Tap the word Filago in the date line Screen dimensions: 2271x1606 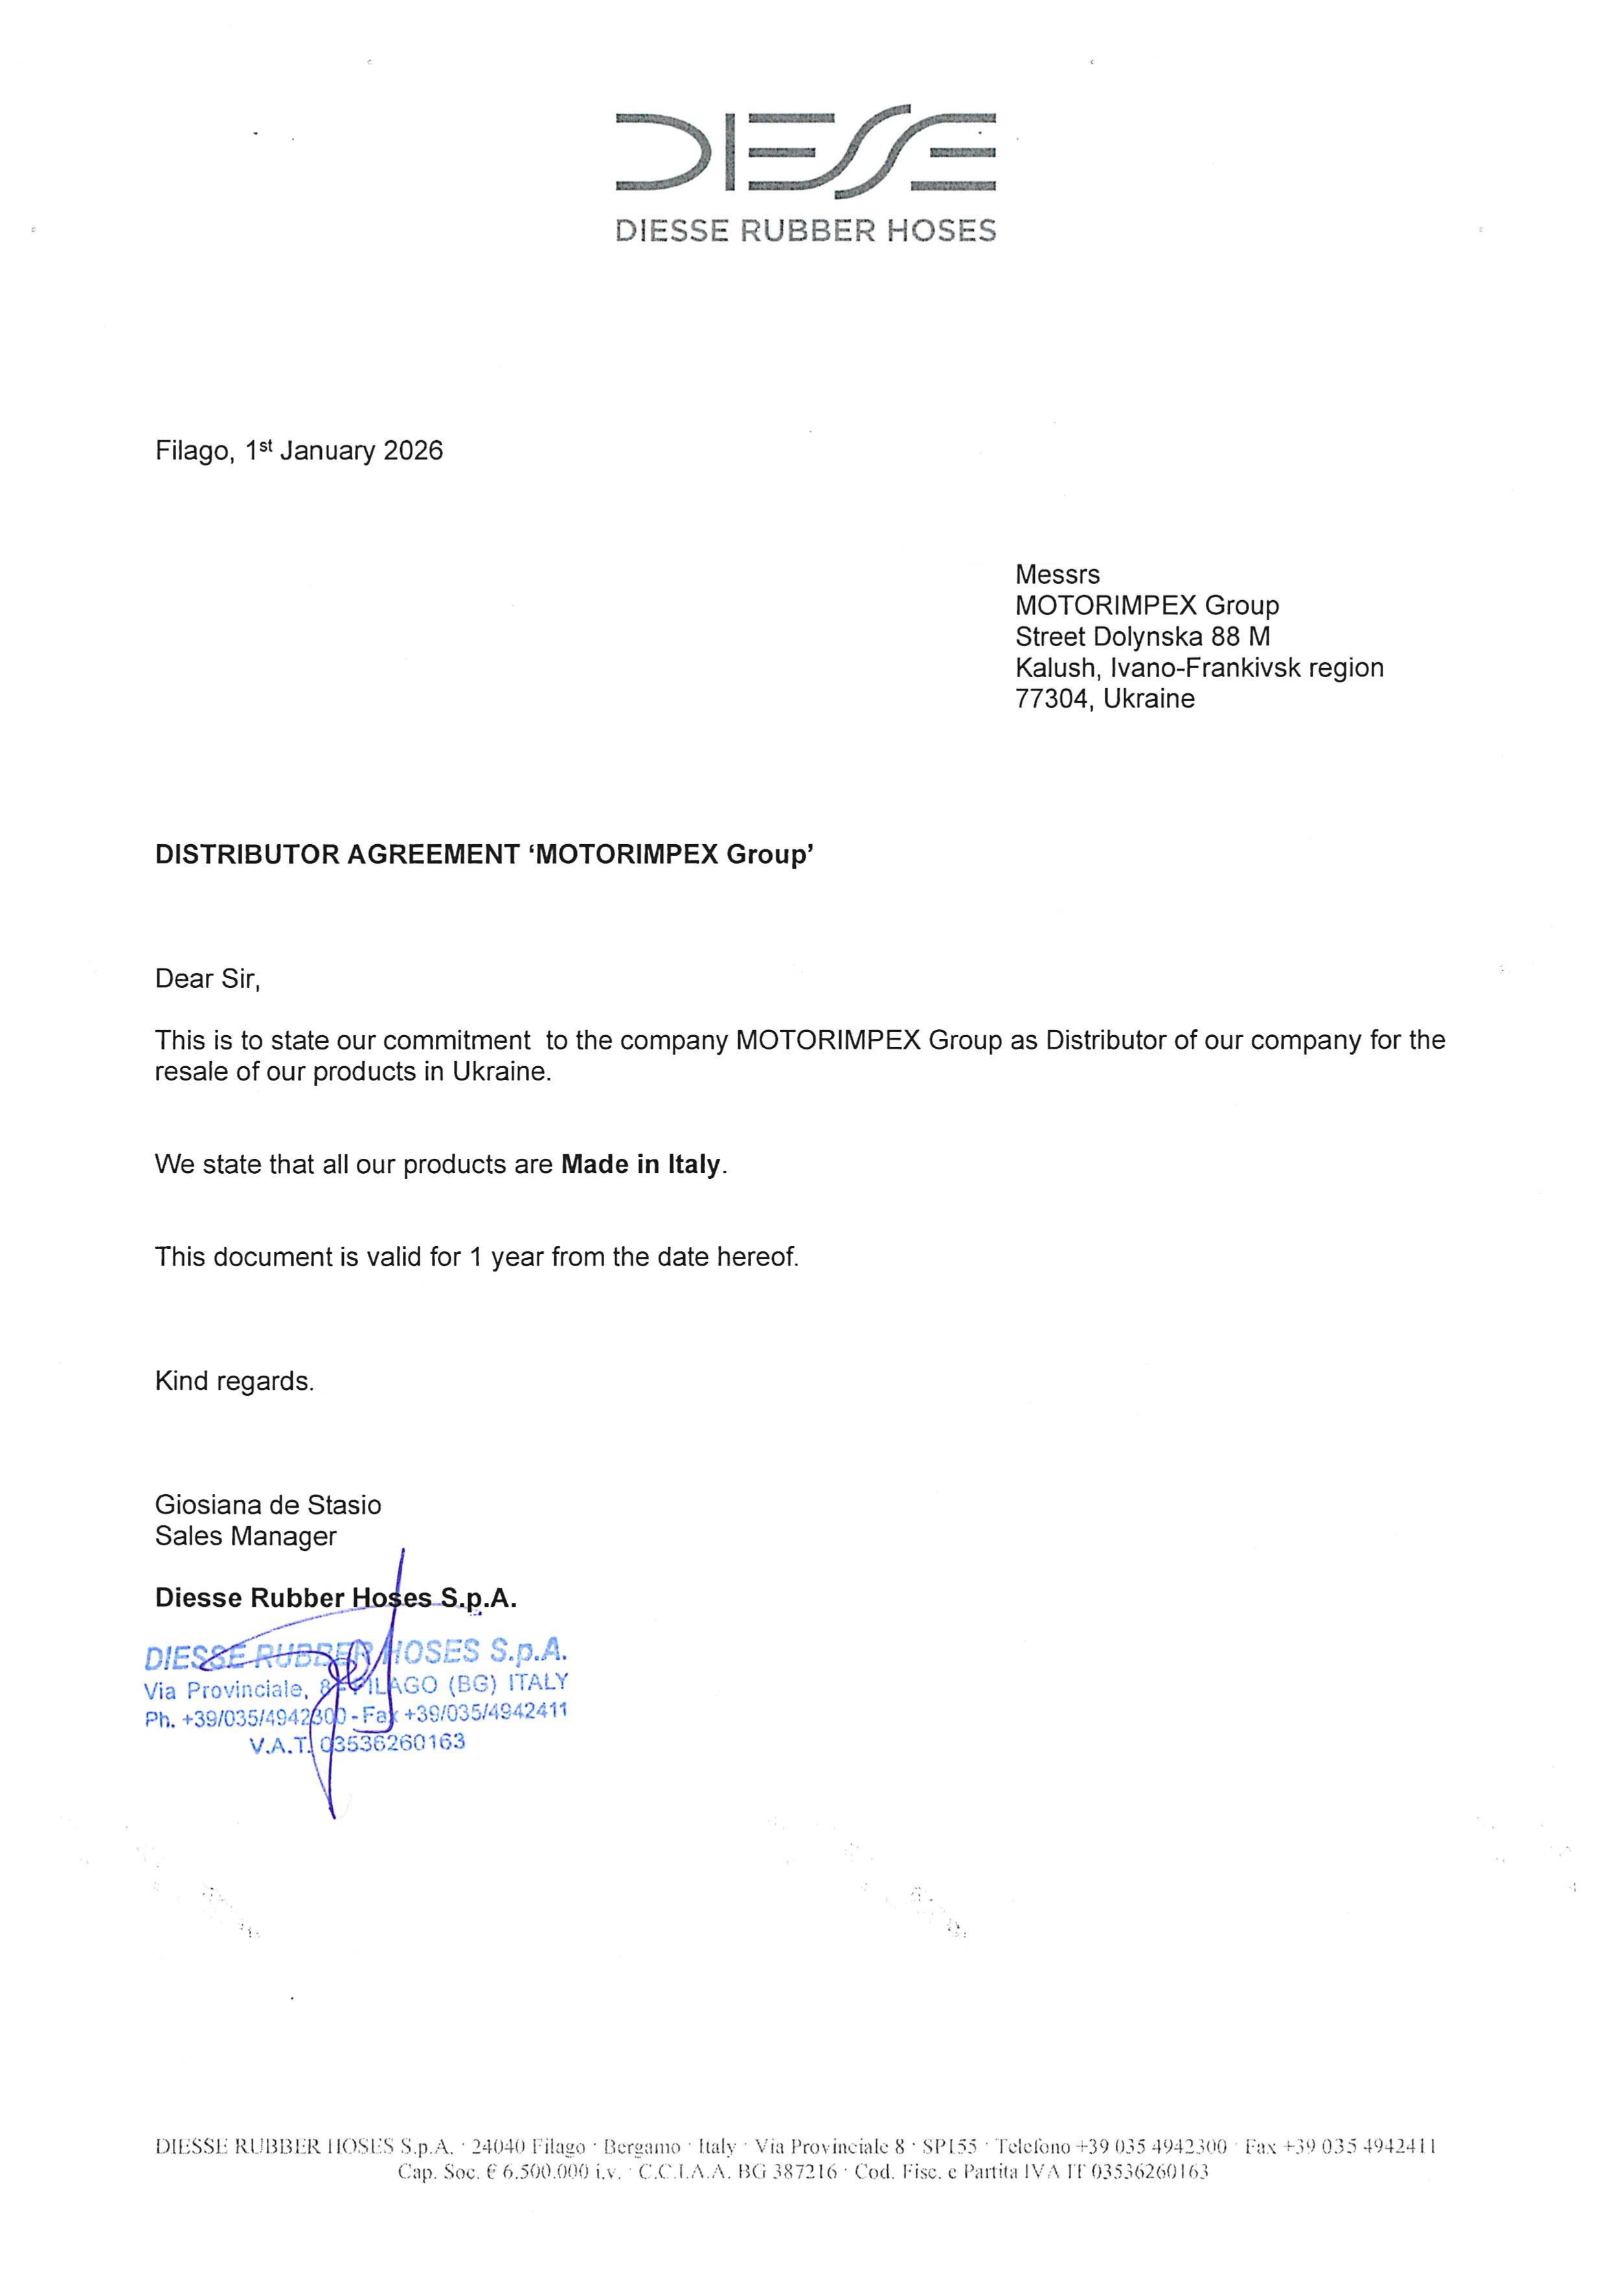click(x=194, y=451)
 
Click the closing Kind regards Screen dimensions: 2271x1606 click(x=234, y=1381)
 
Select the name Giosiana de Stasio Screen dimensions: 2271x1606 click(x=267, y=1505)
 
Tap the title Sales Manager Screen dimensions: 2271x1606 click(x=245, y=1536)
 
